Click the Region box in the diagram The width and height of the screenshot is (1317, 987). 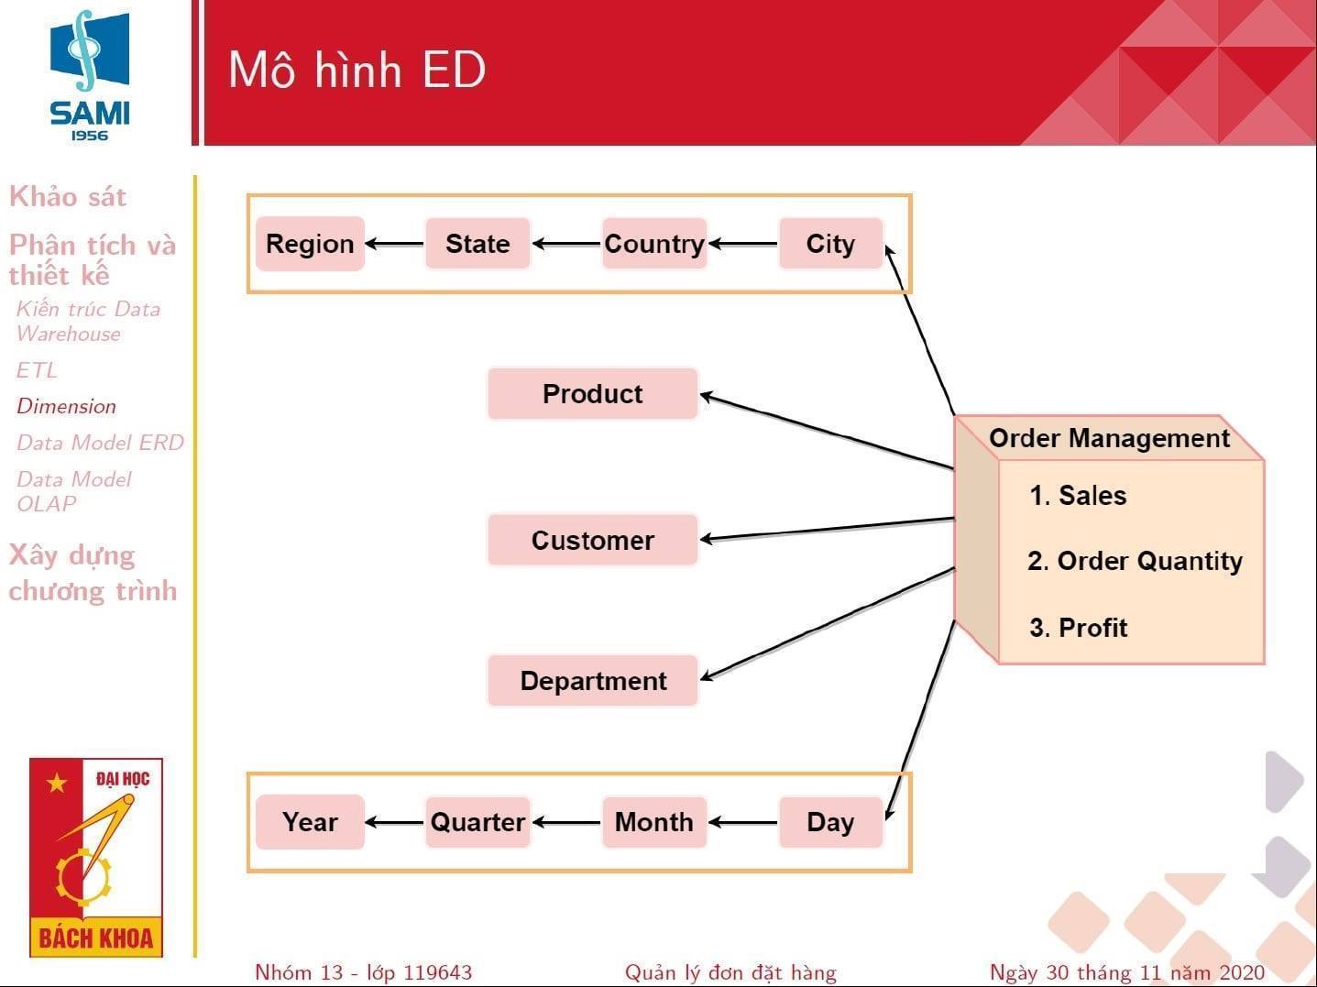pyautogui.click(x=310, y=244)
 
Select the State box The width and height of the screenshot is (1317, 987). pyautogui.click(x=477, y=244)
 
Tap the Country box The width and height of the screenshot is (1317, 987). pyautogui.click(x=654, y=244)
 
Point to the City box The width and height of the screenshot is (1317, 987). pyautogui.click(x=830, y=244)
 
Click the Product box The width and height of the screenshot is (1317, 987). pyautogui.click(x=593, y=393)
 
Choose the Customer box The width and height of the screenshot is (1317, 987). pyautogui.click(x=593, y=540)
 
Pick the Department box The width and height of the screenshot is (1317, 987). pyautogui.click(x=593, y=680)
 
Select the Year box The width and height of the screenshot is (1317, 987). pyautogui.click(x=310, y=822)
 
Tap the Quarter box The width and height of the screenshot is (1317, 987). pyautogui.click(x=477, y=822)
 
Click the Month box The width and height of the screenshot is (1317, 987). pyautogui.click(x=654, y=822)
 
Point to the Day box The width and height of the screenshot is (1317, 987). pyautogui.click(x=830, y=822)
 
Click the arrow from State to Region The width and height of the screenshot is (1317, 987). pyautogui.click(x=394, y=244)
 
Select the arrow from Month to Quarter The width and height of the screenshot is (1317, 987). pyautogui.click(x=565, y=822)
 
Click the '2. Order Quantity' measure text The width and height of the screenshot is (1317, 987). pyautogui.click(x=1135, y=562)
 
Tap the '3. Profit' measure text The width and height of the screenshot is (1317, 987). pyautogui.click(x=1078, y=628)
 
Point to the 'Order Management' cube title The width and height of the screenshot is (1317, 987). pyautogui.click(x=1109, y=439)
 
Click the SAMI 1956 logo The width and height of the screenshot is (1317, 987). pyautogui.click(x=90, y=75)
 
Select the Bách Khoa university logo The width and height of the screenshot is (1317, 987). pyautogui.click(x=96, y=858)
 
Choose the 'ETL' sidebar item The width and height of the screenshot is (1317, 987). pyautogui.click(x=38, y=370)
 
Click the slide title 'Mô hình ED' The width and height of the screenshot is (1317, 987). pyautogui.click(x=357, y=70)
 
